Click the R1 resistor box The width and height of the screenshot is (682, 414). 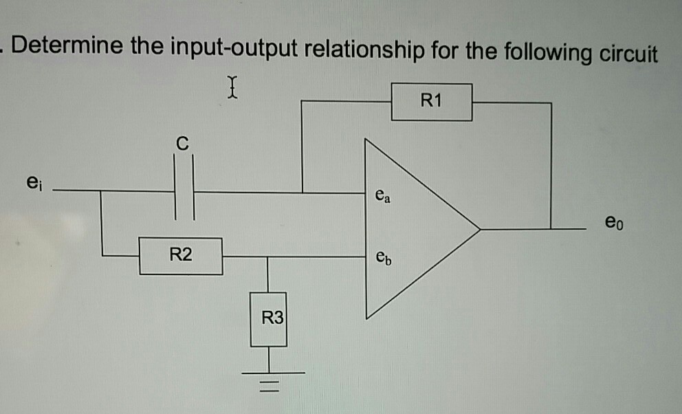click(432, 102)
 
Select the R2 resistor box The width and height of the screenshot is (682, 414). click(181, 257)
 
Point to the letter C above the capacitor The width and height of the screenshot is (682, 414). click(181, 144)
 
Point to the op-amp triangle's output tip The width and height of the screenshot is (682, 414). click(478, 228)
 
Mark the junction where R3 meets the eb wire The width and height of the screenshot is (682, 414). click(269, 257)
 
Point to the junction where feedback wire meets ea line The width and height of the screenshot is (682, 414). click(302, 193)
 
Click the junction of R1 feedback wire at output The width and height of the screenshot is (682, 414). click(551, 228)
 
